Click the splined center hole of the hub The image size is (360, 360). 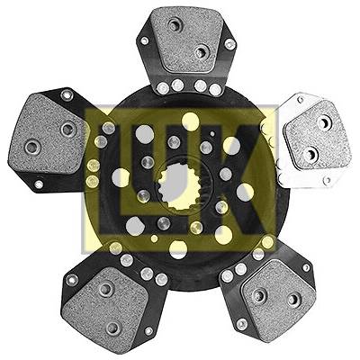point(179,186)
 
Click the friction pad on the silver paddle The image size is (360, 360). point(318,139)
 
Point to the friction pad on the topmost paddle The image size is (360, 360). point(186,41)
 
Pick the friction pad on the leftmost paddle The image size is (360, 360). point(48,134)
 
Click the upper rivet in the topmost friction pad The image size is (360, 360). point(175,25)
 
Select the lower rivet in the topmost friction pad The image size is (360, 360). point(201,53)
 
